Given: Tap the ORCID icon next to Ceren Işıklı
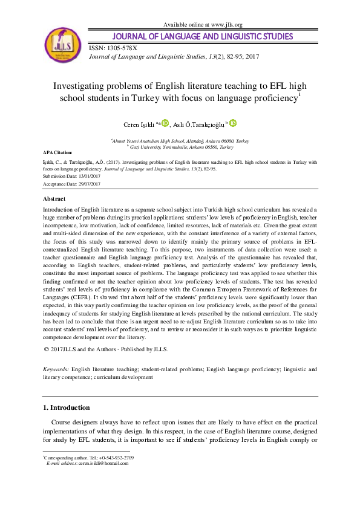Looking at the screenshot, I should [165, 123].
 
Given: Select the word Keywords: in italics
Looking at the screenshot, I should [56, 368].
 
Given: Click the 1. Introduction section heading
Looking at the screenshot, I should [68, 407].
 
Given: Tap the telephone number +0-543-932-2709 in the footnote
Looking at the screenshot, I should [116, 458].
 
